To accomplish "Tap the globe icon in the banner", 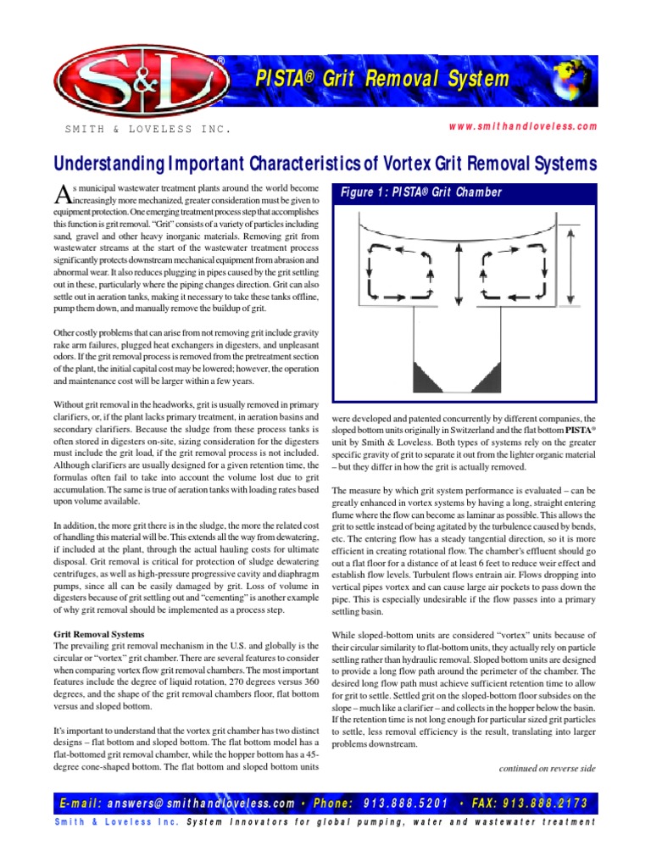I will coord(569,85).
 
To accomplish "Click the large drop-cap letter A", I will coord(60,192).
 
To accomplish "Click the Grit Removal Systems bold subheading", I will coord(98,634).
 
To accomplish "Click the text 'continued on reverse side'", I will coord(548,768).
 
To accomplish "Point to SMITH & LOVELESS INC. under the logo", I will coord(147,131).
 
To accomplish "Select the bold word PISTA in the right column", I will coord(581,430).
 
